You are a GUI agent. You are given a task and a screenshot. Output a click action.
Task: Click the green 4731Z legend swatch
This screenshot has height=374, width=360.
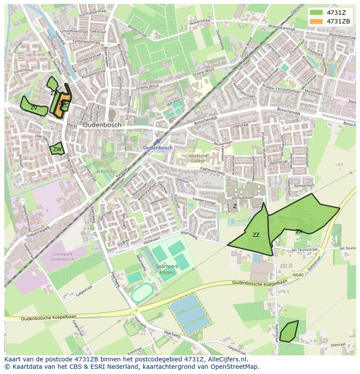pos(316,13)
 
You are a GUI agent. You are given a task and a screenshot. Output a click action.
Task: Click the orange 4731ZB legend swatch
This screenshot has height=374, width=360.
pos(316,21)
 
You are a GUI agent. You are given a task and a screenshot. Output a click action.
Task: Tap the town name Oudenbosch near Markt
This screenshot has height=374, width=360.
pos(102,125)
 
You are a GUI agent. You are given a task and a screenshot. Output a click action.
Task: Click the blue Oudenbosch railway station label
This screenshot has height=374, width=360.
pos(158,148)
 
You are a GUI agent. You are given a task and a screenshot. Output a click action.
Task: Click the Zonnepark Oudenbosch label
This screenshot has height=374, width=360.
pos(62,256)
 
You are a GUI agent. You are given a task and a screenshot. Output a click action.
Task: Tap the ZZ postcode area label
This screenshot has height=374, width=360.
pos(256,235)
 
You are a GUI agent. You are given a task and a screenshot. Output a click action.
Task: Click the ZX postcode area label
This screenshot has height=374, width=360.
pos(299,232)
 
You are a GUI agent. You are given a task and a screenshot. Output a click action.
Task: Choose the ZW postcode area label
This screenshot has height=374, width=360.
pos(57,150)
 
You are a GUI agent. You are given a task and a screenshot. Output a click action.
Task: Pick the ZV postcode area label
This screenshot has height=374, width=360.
pos(33,107)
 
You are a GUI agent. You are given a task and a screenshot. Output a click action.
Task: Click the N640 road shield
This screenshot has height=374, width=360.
pos(297,275)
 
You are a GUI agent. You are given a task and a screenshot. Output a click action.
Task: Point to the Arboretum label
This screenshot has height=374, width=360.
pos(107,172)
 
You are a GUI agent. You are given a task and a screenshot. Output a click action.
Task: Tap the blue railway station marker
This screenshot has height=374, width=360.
pos(158,142)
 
